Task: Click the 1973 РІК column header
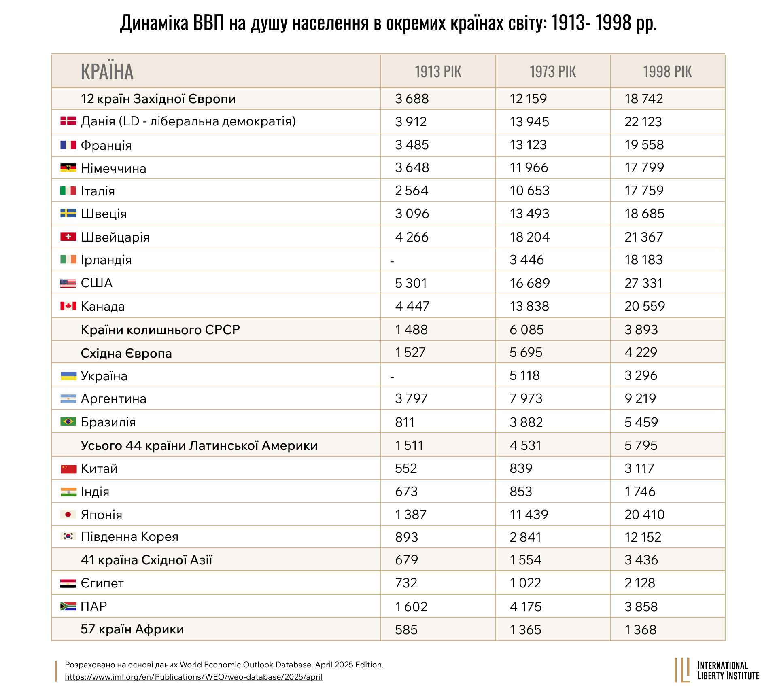552,72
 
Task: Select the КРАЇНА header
107,72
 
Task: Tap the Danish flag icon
68,121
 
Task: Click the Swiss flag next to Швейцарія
68,237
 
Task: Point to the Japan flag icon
68,514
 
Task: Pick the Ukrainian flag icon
68,376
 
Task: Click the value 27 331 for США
643,283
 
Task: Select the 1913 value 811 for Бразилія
405,422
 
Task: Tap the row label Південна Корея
129,537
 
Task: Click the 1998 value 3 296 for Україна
641,376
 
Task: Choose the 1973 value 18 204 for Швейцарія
529,237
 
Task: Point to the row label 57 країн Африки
132,629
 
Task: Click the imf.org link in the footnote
193,677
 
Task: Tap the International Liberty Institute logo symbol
682,670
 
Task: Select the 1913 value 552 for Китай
405,468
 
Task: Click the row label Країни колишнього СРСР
160,330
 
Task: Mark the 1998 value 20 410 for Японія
644,515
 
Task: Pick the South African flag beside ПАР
68,606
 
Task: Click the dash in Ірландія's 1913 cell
392,261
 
